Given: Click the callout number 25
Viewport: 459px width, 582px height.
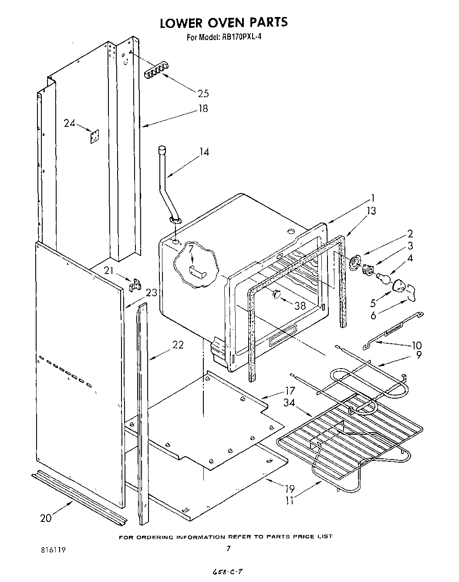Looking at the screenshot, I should click(x=203, y=93).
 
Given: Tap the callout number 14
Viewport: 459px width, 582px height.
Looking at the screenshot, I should click(x=204, y=152).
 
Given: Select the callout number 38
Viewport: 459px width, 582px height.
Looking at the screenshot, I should click(x=300, y=306).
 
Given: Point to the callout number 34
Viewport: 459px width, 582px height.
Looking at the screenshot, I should click(x=289, y=403).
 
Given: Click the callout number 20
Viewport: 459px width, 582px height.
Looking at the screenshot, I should click(x=46, y=518).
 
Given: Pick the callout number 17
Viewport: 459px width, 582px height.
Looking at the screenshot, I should click(x=290, y=391).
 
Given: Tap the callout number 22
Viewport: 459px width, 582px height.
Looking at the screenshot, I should click(x=178, y=345).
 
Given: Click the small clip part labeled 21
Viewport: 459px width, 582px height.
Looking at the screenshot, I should click(x=136, y=284).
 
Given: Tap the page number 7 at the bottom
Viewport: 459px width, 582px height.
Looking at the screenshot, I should click(x=228, y=561).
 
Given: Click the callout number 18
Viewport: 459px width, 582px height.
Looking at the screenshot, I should click(x=203, y=108).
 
